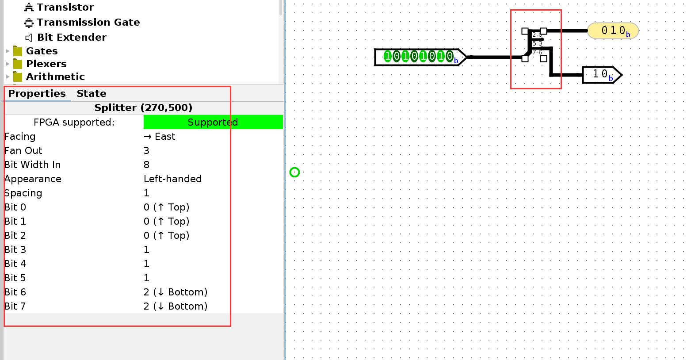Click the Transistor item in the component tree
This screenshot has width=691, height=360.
click(x=65, y=8)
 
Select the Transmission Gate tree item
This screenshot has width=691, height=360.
click(x=88, y=23)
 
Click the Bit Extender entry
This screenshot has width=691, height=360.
click(x=71, y=38)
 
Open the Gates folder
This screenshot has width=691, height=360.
click(x=42, y=51)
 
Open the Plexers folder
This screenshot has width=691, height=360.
click(x=46, y=64)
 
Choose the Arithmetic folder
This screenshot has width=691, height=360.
click(x=55, y=77)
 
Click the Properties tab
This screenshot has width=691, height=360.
click(x=37, y=94)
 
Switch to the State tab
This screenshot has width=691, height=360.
click(x=91, y=94)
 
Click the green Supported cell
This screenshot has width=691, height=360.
click(x=213, y=123)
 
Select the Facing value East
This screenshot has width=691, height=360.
click(x=160, y=137)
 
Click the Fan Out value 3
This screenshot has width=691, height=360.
click(x=147, y=151)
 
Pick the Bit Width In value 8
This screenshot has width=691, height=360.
click(x=147, y=165)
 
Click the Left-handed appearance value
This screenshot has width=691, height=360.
click(x=172, y=179)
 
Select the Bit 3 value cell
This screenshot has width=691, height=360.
click(x=147, y=250)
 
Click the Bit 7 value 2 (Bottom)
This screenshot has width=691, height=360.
click(x=175, y=306)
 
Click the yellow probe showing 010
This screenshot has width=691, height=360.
click(x=613, y=31)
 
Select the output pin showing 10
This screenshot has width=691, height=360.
click(x=601, y=75)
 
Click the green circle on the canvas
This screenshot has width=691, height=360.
click(x=294, y=172)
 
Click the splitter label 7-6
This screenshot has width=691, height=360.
click(x=537, y=53)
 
